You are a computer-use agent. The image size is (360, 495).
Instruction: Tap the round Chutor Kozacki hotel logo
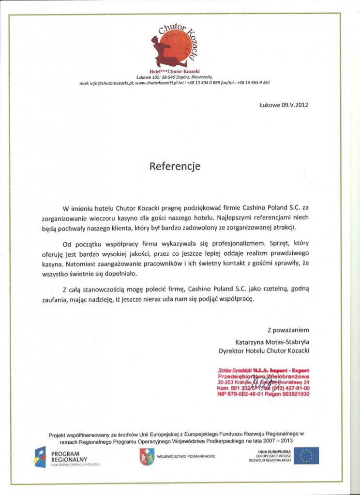180,46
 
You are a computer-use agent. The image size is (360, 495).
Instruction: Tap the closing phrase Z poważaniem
288,331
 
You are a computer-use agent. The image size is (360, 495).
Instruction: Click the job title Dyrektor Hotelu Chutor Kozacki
264,350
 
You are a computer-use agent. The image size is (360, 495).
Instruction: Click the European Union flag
306,456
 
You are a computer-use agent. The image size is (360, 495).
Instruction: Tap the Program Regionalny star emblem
40,457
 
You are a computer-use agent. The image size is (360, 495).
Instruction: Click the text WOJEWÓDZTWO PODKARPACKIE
186,456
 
